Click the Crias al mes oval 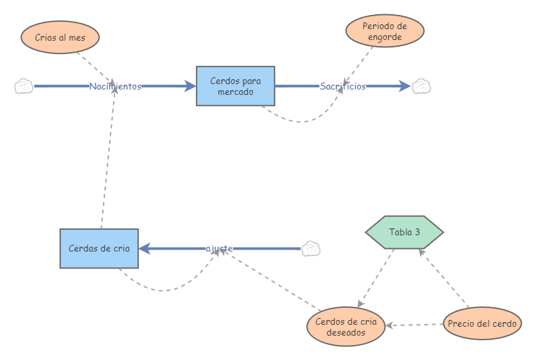click(60, 37)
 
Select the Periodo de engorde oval click(385, 31)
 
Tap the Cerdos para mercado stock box click(235, 86)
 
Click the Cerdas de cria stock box click(99, 248)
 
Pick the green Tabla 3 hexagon click(404, 232)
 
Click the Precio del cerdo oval click(482, 323)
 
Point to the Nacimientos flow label click(115, 86)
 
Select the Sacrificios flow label click(343, 86)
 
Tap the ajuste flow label click(220, 249)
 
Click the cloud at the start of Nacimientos click(24, 86)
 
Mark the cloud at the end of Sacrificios click(421, 86)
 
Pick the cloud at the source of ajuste click(310, 249)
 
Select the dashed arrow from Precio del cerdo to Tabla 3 click(444, 278)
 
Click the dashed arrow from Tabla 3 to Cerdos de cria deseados click(376, 278)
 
